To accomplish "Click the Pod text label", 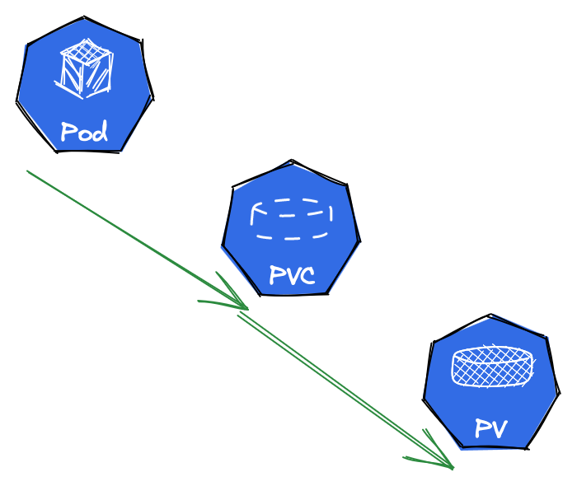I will (x=84, y=132).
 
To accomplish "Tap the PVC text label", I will (x=292, y=275).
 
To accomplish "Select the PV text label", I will (x=490, y=428).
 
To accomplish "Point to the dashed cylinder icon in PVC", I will (x=292, y=218).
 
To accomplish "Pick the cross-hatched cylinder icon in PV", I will (x=492, y=367).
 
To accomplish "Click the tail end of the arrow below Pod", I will (x=29, y=172).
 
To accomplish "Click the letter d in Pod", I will (x=100, y=131).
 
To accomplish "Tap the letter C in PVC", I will (x=307, y=275).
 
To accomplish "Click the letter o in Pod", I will (x=84, y=134).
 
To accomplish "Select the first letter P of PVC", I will (x=276, y=275).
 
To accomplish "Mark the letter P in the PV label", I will (x=481, y=428).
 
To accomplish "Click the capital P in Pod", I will (x=68, y=132).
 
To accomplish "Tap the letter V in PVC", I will (x=291, y=275).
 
